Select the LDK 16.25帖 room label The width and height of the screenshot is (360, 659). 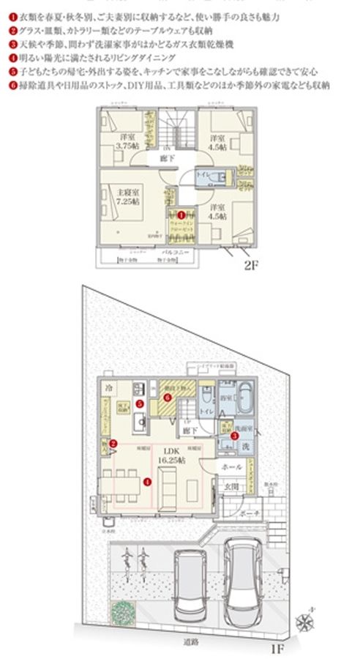(x=174, y=453)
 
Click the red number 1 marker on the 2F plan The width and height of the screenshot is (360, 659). (x=179, y=215)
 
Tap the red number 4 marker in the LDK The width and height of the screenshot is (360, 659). (x=148, y=482)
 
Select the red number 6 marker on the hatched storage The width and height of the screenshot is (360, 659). (x=168, y=398)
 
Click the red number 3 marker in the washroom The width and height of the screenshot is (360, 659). (x=233, y=436)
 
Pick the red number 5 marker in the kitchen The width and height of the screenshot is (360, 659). (x=140, y=403)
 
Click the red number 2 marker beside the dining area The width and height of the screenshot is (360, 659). (x=113, y=443)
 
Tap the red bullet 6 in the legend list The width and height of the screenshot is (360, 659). (x=14, y=85)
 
